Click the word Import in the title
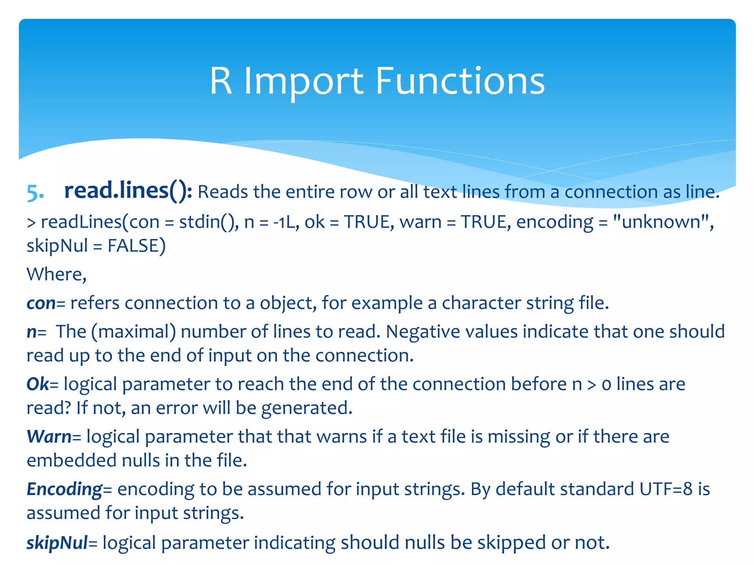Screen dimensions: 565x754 304,82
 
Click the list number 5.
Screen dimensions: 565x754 35,193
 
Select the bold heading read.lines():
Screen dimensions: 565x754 128,191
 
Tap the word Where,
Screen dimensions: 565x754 57,274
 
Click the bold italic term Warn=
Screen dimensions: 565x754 54,437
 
